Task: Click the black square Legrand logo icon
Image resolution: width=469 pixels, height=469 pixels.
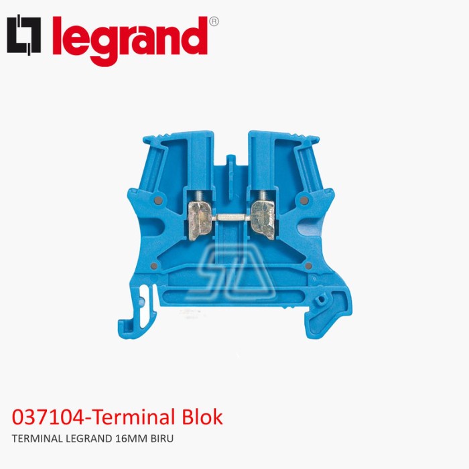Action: pyautogui.click(x=24, y=36)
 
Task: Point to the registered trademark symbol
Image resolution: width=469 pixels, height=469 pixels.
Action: pyautogui.click(x=214, y=21)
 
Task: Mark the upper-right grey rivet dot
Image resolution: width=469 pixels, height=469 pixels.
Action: pyautogui.click(x=306, y=200)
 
